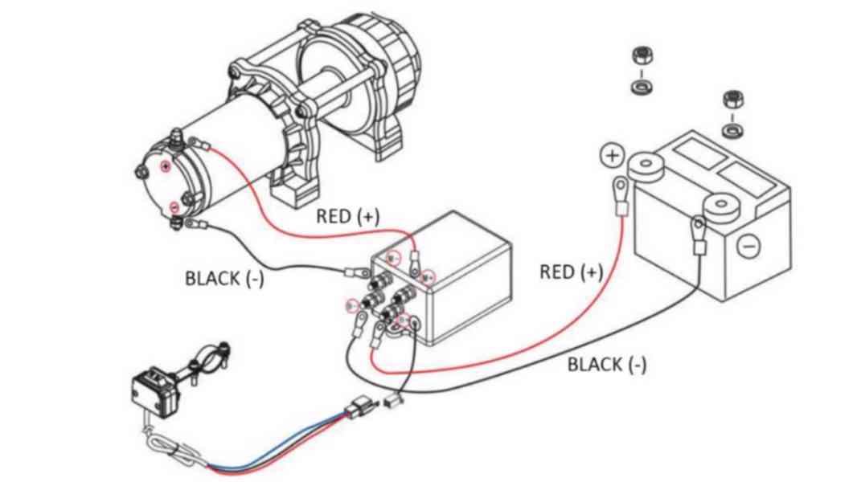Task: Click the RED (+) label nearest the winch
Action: (x=347, y=216)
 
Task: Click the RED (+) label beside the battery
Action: (x=570, y=272)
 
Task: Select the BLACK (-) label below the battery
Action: (x=606, y=365)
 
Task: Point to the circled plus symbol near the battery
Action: (x=613, y=155)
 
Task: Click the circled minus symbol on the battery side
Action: (x=748, y=245)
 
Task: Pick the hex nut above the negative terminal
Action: (x=732, y=100)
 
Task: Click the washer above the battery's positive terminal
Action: (x=642, y=85)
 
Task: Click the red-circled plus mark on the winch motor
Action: (x=166, y=166)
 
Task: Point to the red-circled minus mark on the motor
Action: (x=174, y=207)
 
